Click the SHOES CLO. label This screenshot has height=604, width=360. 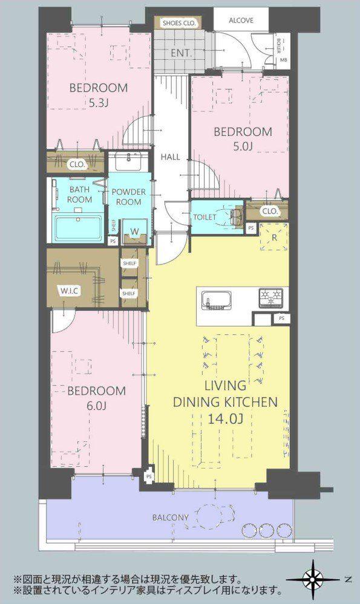179,23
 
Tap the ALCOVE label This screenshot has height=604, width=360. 241,21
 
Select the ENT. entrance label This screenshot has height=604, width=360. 182,53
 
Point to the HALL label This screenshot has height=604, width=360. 171,157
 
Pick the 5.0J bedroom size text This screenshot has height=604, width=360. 243,146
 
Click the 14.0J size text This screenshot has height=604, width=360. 226,419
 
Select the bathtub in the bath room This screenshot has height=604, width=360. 79,228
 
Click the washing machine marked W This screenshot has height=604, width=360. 134,232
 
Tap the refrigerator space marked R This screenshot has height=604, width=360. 274,237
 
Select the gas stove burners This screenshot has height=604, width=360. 271,297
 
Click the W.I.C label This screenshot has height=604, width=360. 70,291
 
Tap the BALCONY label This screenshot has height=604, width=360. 171,518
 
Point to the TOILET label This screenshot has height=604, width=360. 205,217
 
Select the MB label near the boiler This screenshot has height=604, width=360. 283,60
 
